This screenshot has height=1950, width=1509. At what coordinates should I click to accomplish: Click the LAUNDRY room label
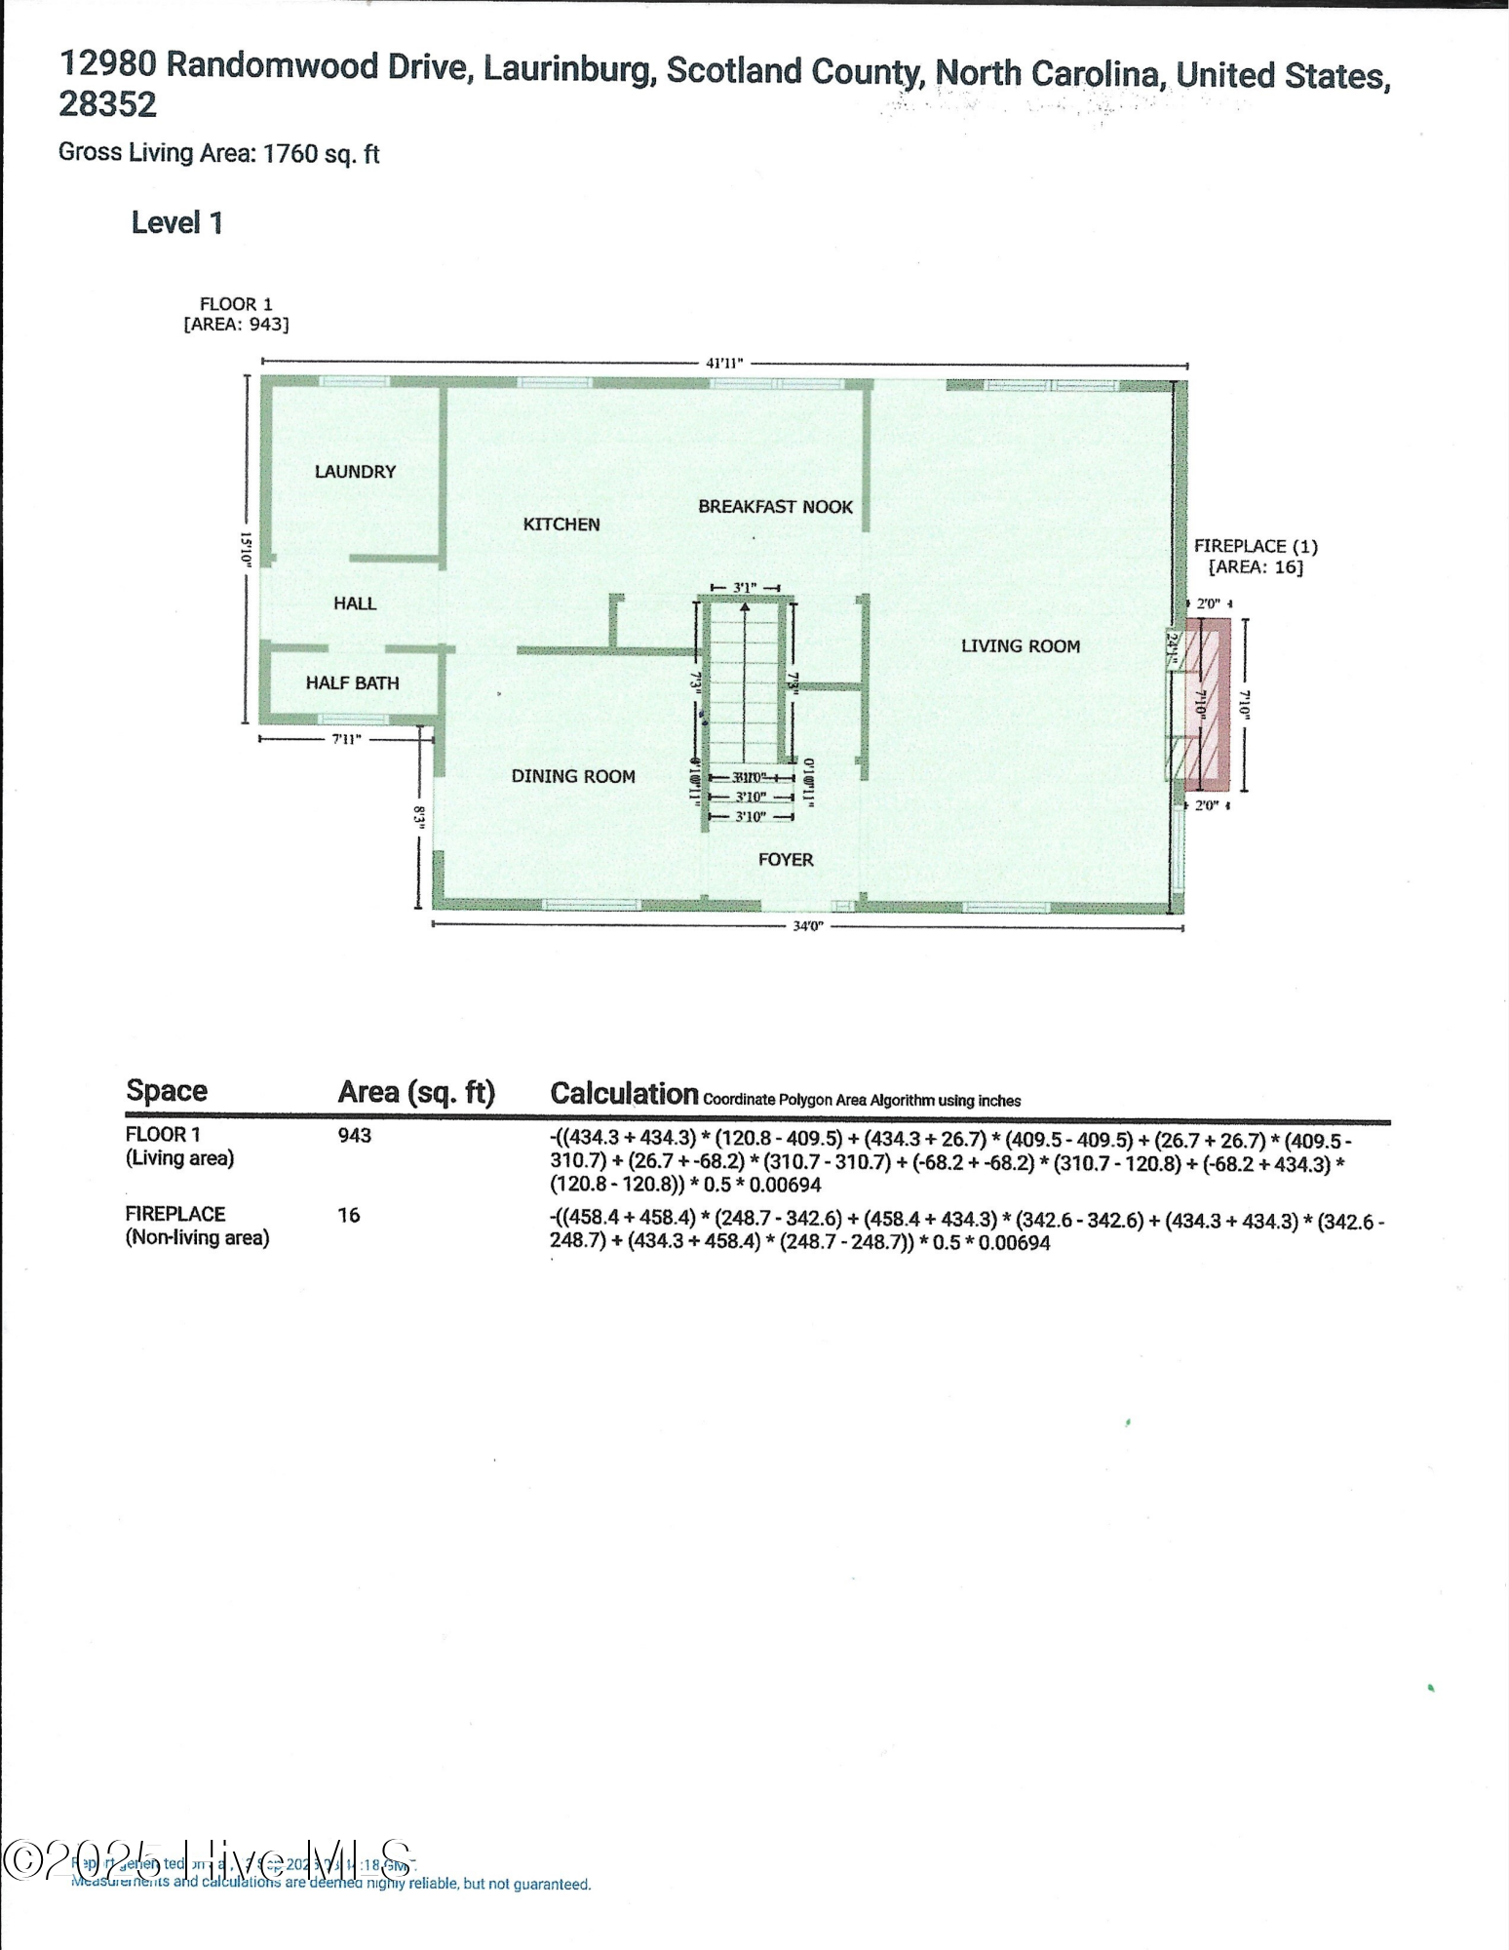355,472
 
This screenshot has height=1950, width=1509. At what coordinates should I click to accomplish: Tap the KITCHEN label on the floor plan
561,525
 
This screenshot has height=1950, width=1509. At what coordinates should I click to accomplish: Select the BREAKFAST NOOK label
775,507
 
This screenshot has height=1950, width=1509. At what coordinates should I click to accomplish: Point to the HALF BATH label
352,683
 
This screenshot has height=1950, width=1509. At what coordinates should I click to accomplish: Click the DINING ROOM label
573,777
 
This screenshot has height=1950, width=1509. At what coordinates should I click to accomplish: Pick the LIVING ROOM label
1020,646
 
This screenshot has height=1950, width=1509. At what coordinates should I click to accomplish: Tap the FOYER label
786,860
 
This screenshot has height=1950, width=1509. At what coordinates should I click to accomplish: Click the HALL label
355,604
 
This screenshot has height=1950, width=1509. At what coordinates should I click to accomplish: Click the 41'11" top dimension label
724,363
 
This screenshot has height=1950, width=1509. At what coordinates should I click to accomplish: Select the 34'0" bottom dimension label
807,926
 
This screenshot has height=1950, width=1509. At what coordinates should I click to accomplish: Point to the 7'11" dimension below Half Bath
346,739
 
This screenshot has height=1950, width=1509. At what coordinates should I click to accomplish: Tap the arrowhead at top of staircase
745,608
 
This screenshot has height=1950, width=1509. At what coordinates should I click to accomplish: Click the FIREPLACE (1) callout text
1256,547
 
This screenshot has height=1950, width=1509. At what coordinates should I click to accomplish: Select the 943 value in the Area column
355,1136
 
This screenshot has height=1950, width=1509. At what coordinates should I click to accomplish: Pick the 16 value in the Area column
348,1215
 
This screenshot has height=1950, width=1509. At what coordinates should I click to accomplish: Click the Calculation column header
624,1094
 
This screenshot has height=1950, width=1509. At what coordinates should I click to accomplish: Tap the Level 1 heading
177,223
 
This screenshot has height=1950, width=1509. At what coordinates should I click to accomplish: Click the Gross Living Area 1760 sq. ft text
219,153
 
